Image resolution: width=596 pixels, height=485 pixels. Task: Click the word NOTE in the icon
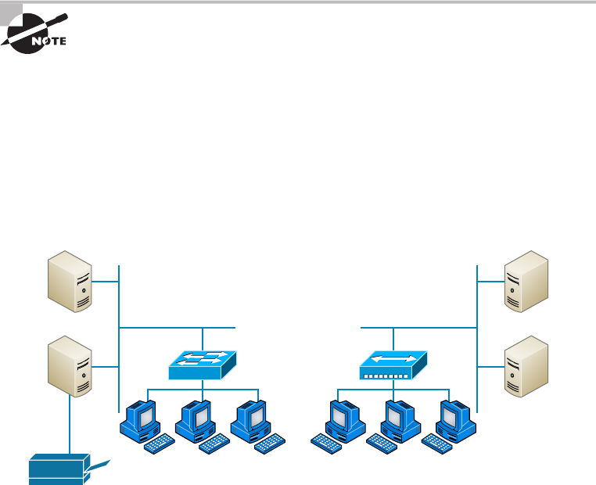pyautogui.click(x=48, y=41)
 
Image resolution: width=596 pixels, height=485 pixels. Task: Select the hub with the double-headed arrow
pyautogui.click(x=393, y=363)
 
